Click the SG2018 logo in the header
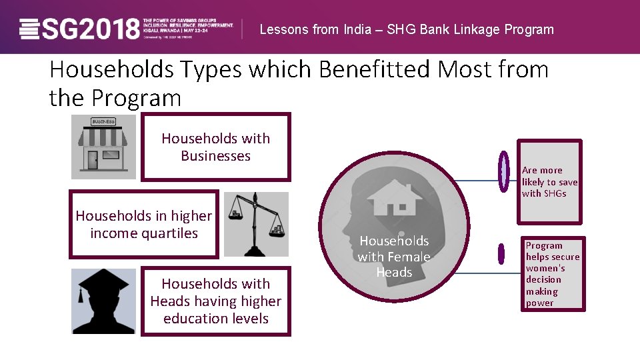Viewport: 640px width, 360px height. [x=80, y=28]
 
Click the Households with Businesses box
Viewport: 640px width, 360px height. [x=216, y=147]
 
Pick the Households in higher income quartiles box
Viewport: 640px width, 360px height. [x=144, y=225]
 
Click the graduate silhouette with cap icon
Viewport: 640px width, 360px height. [x=103, y=301]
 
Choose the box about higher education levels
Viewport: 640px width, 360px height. [x=216, y=301]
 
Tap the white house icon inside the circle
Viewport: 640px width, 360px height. [x=393, y=197]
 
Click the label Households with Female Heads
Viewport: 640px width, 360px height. [x=393, y=257]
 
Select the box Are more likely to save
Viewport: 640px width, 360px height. [x=550, y=181]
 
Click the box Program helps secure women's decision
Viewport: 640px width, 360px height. [x=553, y=274]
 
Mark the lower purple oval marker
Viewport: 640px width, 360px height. [x=501, y=253]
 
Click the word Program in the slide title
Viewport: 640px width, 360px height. [x=137, y=99]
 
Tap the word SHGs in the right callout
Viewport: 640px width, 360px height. [x=554, y=193]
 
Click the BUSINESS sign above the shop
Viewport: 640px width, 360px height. [x=103, y=122]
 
